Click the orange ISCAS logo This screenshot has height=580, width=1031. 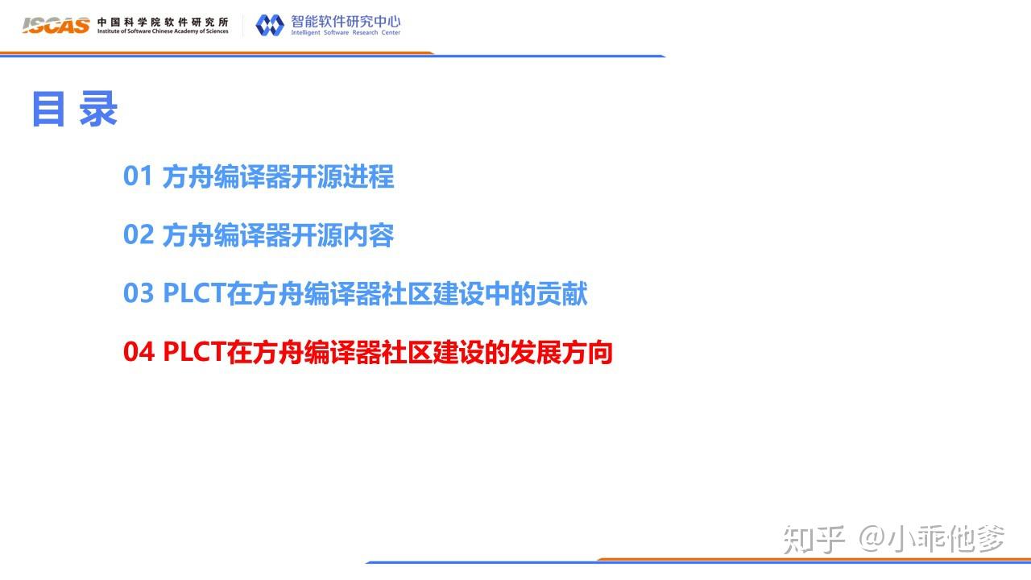[x=56, y=25]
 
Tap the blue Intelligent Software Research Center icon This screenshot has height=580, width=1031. [x=270, y=25]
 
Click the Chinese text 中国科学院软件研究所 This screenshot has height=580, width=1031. [x=163, y=20]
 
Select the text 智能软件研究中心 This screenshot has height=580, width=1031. [x=346, y=20]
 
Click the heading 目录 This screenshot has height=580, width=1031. [x=75, y=110]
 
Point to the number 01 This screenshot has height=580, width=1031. [x=138, y=176]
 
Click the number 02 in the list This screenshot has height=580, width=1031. [x=138, y=235]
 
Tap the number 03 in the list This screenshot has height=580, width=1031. [x=138, y=293]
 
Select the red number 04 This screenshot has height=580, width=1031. [x=138, y=352]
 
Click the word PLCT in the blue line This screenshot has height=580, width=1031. [x=194, y=293]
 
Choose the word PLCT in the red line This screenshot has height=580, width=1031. [x=194, y=352]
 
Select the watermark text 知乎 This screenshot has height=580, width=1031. [x=814, y=539]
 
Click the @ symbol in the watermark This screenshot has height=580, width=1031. [x=871, y=539]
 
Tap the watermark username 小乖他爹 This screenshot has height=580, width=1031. [x=946, y=539]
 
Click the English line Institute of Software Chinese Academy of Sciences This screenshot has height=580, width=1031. [x=163, y=31]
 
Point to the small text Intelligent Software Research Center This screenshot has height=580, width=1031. [x=346, y=33]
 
